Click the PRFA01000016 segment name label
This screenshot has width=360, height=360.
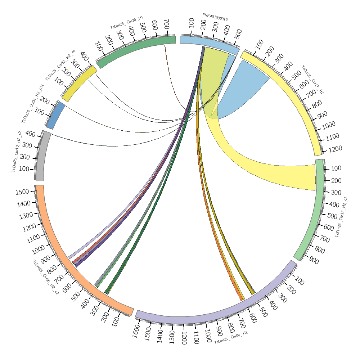coord(215,17)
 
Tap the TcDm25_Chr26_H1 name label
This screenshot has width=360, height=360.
coord(127,22)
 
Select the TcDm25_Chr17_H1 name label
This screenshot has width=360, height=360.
coord(312,80)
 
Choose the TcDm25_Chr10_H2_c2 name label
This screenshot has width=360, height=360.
coord(17,152)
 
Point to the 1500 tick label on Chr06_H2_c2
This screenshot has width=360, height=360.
coord(23,192)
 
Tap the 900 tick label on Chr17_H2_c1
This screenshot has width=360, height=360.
coord(314,261)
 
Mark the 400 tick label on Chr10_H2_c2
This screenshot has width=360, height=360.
coord(30,134)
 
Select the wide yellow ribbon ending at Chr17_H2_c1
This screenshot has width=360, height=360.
coord(274,173)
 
